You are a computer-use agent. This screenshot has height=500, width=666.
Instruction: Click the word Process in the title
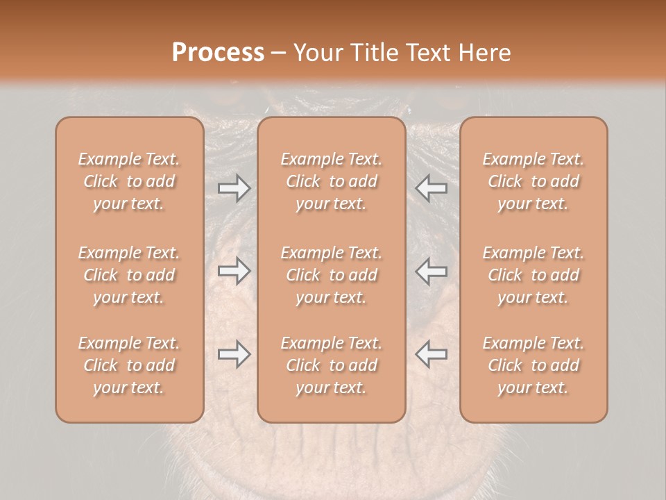tap(218, 52)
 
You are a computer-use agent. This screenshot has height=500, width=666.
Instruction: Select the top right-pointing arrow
tap(234, 188)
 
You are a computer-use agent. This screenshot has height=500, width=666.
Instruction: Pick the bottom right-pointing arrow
tap(234, 354)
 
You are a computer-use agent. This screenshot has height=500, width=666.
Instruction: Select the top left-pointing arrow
tap(431, 188)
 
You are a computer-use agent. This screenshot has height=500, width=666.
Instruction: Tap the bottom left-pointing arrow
tap(431, 354)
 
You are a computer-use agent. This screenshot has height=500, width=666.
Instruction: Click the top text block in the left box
tap(129, 181)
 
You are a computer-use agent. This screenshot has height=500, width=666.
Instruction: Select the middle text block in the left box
tap(129, 275)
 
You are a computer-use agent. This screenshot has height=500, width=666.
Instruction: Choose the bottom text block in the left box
tap(129, 365)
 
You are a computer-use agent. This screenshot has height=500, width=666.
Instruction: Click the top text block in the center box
tap(332, 181)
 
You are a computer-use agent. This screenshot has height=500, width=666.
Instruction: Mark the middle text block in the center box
tap(332, 275)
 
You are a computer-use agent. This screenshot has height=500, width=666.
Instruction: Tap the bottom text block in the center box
tap(332, 365)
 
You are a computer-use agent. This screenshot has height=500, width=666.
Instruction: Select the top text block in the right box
tap(533, 181)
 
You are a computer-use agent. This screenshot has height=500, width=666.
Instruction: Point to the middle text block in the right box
tap(533, 275)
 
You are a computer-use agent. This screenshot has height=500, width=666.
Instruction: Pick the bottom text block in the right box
tap(533, 365)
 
